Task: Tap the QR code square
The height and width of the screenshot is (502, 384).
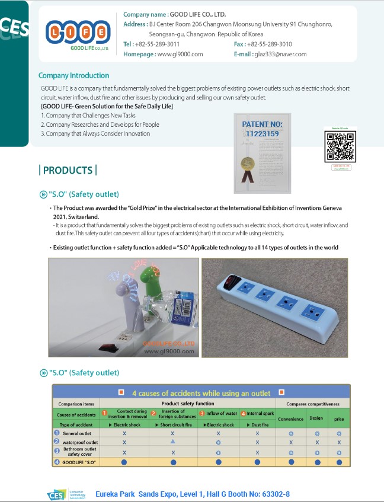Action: [x=340, y=147]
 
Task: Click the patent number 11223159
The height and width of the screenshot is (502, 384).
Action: [x=263, y=134]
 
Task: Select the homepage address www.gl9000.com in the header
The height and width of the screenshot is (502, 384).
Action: [x=180, y=54]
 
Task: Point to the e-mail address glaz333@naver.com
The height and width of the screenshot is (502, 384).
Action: [x=280, y=54]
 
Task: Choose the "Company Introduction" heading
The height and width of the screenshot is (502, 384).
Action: [x=73, y=76]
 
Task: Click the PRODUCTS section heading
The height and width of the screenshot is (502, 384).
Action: [x=68, y=171]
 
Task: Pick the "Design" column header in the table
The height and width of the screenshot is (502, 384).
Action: [x=316, y=418]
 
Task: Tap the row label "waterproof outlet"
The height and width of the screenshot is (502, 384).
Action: [x=80, y=442]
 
